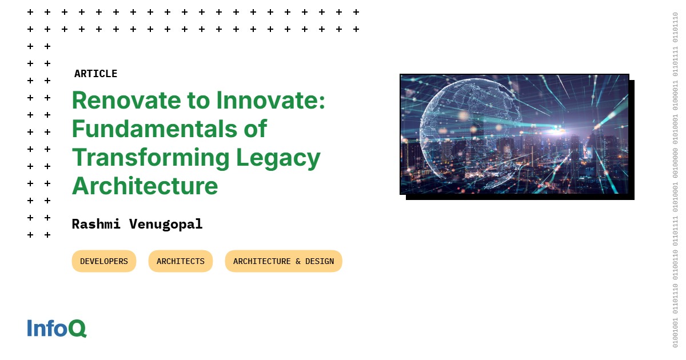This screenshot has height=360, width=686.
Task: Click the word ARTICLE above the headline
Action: click(95, 74)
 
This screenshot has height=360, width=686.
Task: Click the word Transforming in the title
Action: click(146, 157)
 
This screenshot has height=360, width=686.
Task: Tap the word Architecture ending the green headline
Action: click(145, 186)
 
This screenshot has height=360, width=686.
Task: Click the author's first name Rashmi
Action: click(95, 224)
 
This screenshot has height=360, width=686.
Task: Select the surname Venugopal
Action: click(165, 225)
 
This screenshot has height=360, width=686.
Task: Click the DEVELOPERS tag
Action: click(104, 261)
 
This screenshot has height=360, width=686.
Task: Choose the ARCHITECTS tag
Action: click(180, 261)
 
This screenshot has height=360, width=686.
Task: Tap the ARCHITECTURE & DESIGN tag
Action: click(283, 261)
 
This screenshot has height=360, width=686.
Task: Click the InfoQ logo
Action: click(57, 328)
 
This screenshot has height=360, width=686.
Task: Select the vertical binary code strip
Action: click(675, 180)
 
